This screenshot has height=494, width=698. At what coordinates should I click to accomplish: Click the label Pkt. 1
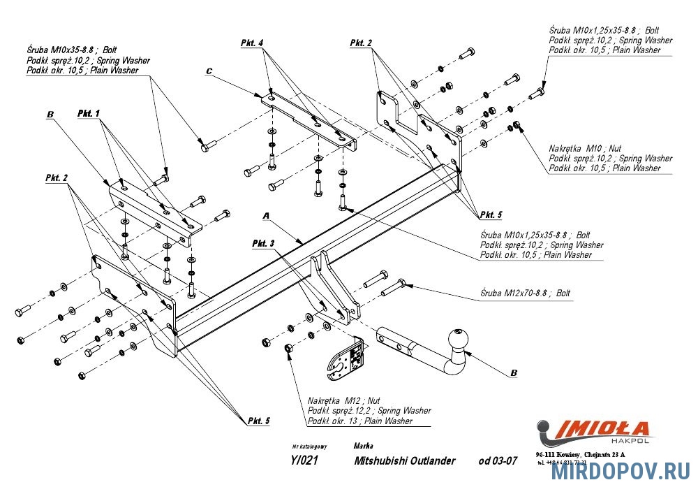click(89, 113)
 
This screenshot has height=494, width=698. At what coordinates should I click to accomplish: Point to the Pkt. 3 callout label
click(264, 243)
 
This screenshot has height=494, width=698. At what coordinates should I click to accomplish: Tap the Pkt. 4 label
click(252, 43)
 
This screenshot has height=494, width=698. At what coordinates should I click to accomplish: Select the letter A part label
click(266, 217)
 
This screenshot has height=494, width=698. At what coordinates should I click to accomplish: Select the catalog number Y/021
click(304, 460)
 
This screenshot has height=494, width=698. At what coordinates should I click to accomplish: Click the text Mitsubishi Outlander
click(405, 460)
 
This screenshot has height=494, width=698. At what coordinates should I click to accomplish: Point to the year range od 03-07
click(498, 460)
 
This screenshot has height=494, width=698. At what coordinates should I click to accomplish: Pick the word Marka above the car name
click(363, 446)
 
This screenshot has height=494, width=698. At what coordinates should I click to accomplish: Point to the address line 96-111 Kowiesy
click(581, 454)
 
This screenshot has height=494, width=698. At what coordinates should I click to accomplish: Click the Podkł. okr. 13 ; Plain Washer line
click(359, 421)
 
